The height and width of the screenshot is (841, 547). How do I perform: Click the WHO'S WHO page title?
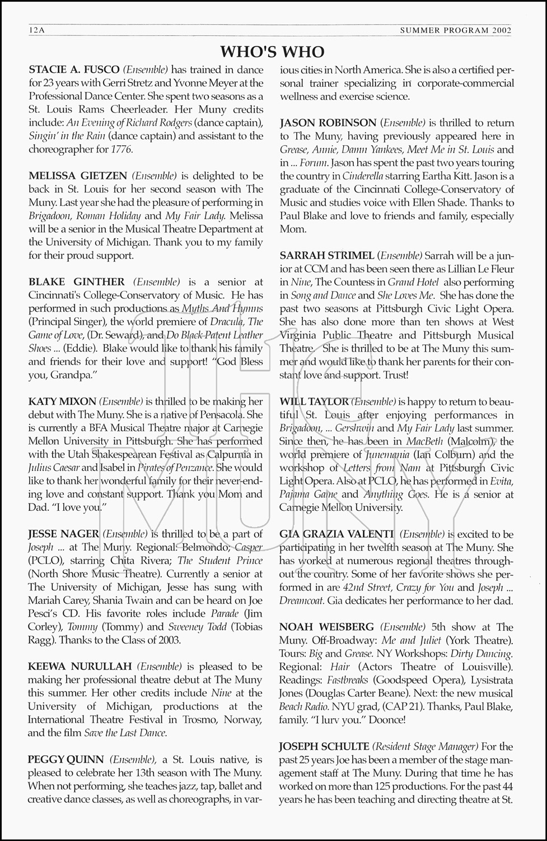pos(273,52)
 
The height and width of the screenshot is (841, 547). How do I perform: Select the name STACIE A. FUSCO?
pos(74,70)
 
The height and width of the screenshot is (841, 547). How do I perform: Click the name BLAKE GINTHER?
pos(77,282)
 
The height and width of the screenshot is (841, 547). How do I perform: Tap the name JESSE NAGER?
pos(64,534)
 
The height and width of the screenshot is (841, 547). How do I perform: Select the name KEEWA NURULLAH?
pos(80,667)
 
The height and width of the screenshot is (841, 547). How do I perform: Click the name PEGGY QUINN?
pos(66,760)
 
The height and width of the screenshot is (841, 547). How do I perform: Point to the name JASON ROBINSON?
pos(328,123)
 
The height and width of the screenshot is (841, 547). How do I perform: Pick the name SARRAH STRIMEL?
pos(326,256)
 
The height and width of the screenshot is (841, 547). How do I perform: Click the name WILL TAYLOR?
pos(314,401)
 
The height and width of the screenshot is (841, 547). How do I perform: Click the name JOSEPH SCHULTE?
pos(324,746)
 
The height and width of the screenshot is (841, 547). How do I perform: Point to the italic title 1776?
pos(121,150)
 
